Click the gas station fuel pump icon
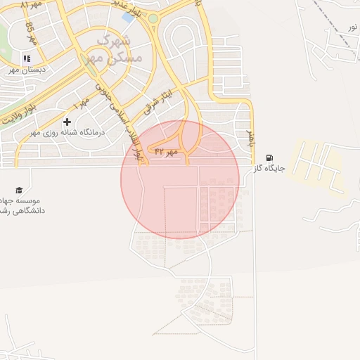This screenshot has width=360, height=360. click(269, 158)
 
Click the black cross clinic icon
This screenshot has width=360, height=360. click(67, 122)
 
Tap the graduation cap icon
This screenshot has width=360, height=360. click(19, 190)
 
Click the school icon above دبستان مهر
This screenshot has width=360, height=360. click(27, 58)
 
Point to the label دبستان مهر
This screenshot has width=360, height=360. click(27, 70)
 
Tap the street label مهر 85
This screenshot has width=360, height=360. click(31, 33)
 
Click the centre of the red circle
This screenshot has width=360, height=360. click(180, 179)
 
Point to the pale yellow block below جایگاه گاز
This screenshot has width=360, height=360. click(316, 169)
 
